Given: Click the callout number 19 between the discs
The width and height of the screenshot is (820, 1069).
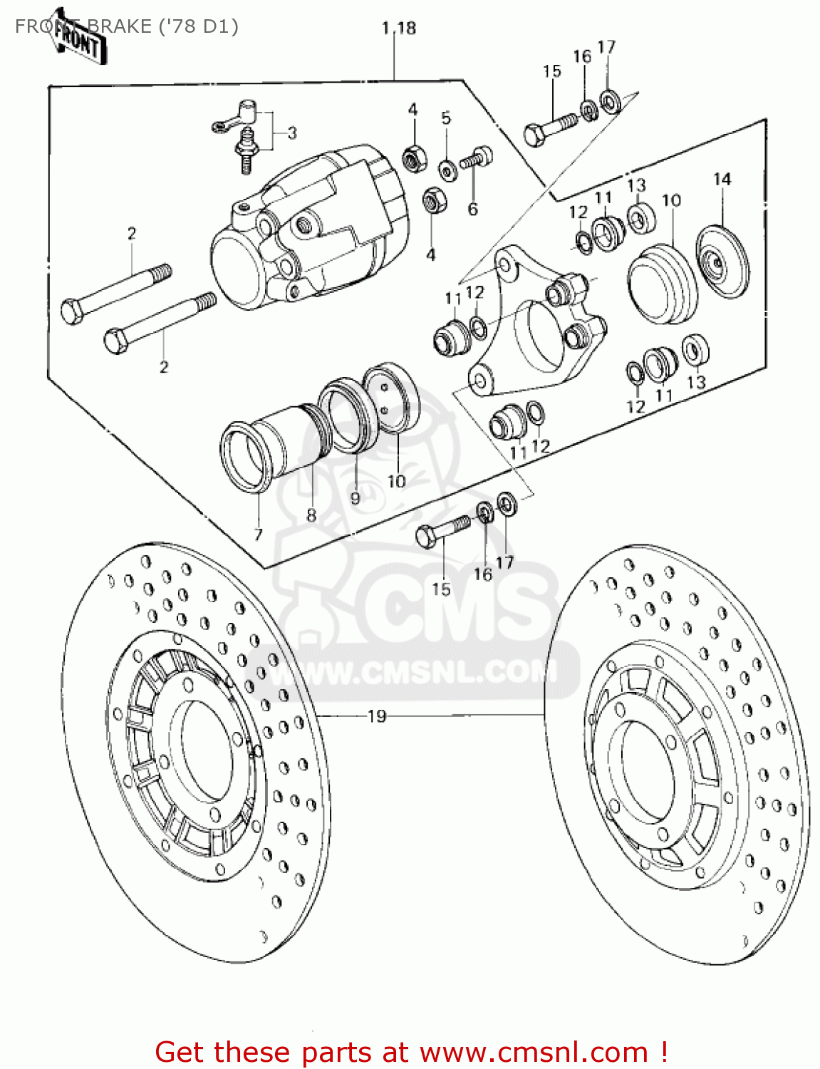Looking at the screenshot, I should [376, 716].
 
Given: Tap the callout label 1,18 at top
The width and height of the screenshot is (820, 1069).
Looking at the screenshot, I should [398, 28].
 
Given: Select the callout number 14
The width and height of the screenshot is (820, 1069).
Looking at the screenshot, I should [722, 179].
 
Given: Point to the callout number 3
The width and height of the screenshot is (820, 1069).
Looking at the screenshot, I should [292, 133].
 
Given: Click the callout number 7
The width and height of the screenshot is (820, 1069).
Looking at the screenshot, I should [258, 534].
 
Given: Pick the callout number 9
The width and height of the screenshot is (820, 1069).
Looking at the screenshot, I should [355, 498].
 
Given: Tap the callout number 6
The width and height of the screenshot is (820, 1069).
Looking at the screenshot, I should [472, 209].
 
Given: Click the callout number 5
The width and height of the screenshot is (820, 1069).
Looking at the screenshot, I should [446, 118].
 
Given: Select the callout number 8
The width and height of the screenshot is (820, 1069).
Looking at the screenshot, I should [311, 515].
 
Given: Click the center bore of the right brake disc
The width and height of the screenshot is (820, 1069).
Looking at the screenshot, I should [645, 770].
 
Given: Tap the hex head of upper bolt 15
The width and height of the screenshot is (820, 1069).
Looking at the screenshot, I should [534, 135].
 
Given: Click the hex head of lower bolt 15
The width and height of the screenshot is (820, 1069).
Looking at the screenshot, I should [425, 536].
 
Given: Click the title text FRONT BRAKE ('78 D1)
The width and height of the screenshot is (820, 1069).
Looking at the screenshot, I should [127, 26].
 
